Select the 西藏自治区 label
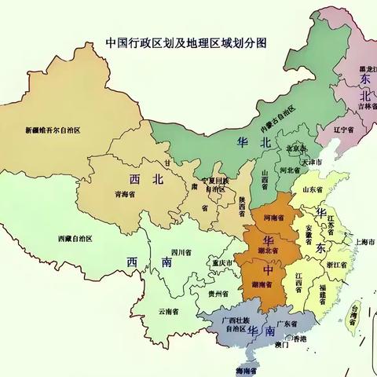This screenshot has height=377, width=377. coord(75,238)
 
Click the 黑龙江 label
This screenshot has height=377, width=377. coord(365,69)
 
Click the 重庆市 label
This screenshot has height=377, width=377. coord(224,262)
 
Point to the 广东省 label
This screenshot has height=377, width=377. coord(284,324)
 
